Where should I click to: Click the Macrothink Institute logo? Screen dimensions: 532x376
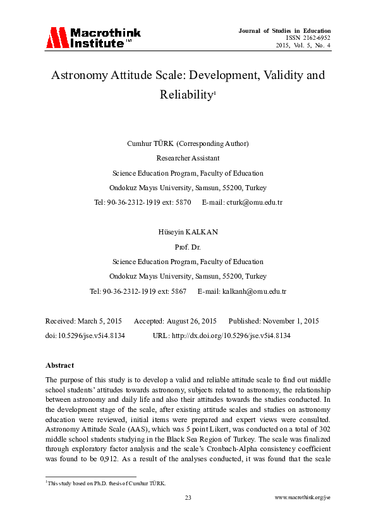[x=92, y=38]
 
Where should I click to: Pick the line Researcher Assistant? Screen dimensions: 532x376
[x=188, y=158]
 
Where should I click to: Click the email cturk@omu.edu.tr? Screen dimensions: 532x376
[x=252, y=202]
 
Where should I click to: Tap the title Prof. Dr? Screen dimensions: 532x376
[x=188, y=247]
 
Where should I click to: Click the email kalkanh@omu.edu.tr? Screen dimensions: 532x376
[x=254, y=291]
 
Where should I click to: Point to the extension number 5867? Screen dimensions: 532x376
[x=178, y=291]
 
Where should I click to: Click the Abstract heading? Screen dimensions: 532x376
[x=60, y=365]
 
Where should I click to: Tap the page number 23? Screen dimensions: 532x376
[x=188, y=498]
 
